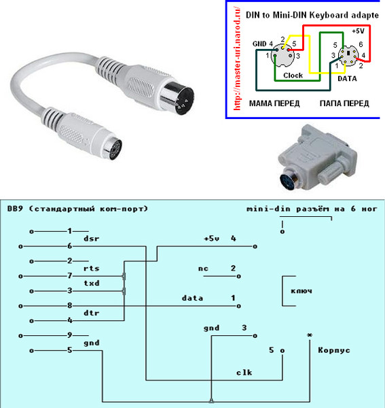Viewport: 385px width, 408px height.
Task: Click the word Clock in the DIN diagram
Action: click(x=293, y=75)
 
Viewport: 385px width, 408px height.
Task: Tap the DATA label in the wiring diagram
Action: click(x=347, y=79)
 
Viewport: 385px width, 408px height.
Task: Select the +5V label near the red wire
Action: click(x=358, y=31)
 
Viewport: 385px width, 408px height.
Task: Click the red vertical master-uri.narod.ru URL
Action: click(x=237, y=58)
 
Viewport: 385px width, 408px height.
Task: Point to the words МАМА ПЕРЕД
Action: click(x=274, y=103)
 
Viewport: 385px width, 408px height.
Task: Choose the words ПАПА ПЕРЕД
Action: click(x=344, y=103)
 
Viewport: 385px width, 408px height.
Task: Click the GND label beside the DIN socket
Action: click(x=259, y=44)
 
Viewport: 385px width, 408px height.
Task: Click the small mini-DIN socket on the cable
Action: click(x=112, y=149)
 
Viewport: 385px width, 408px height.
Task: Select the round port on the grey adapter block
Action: click(x=289, y=180)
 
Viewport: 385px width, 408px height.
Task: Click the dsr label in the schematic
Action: click(x=92, y=239)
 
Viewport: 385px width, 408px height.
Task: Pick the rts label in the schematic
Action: click(x=92, y=269)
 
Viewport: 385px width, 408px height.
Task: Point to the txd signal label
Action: click(x=92, y=283)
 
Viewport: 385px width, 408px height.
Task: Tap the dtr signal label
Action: click(x=92, y=313)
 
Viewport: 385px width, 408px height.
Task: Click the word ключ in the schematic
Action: click(x=301, y=291)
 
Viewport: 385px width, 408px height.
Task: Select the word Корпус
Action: click(x=334, y=350)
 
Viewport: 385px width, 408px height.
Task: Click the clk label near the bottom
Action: click(x=244, y=373)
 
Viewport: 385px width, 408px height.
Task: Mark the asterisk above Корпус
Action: click(x=310, y=335)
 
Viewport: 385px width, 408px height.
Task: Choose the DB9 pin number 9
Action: click(x=70, y=335)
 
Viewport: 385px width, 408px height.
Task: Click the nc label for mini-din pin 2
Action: click(x=203, y=269)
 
